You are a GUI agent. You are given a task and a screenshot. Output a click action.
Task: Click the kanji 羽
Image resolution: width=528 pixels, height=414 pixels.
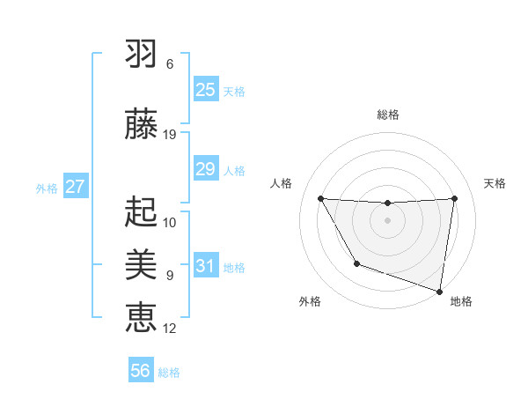(141, 53)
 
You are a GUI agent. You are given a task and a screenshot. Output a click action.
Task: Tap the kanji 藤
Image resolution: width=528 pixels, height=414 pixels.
(141, 122)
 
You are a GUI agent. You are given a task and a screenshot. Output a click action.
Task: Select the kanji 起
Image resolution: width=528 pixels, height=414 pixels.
(141, 211)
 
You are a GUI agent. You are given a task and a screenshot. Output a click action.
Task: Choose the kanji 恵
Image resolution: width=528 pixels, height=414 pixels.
(141, 315)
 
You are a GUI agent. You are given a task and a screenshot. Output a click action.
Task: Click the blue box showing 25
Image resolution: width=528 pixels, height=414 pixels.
(205, 90)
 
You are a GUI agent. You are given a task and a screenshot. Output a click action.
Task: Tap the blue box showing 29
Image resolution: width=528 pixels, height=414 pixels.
(205, 169)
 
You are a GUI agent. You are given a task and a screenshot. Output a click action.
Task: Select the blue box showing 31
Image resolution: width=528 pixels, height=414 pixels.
(205, 266)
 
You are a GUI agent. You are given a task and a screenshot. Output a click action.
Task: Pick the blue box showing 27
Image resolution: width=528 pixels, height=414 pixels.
(75, 187)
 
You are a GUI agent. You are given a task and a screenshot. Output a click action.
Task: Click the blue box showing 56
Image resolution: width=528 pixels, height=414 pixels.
(141, 371)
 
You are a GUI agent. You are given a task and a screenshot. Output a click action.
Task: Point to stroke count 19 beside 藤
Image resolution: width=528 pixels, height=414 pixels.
(170, 134)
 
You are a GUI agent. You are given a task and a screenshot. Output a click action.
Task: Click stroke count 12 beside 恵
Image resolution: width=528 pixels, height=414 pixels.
(170, 328)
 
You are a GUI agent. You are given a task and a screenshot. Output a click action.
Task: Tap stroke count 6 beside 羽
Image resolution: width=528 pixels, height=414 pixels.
(170, 64)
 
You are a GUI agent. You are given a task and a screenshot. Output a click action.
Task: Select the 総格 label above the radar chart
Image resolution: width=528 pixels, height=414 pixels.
(387, 115)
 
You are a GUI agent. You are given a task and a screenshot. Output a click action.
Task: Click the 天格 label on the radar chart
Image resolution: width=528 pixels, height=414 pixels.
(495, 183)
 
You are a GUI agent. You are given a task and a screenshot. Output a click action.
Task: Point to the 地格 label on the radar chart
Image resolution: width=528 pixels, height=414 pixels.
(461, 301)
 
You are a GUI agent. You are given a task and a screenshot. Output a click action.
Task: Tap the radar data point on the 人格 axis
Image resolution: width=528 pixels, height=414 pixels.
(320, 198)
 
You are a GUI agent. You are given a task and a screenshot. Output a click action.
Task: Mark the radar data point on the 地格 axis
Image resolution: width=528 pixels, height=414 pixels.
(439, 291)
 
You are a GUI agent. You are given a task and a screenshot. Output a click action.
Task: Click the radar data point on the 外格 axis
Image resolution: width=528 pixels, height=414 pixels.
(356, 263)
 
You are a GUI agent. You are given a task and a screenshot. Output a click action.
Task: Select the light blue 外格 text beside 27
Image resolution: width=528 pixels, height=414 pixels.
(47, 188)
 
